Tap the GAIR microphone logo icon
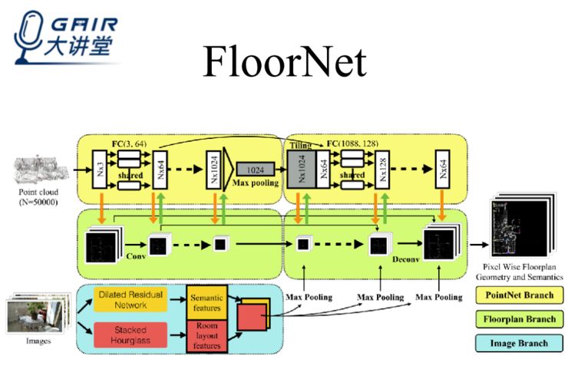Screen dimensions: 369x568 coord(29,35)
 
